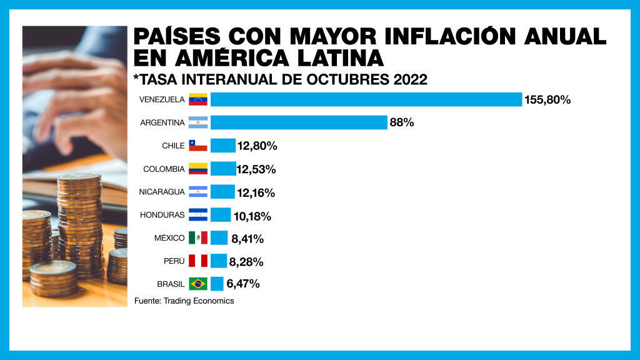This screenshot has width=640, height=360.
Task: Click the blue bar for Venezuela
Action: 366,99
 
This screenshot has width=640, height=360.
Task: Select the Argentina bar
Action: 299,122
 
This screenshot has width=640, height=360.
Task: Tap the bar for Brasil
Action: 217,284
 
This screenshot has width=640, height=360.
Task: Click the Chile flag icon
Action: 198,146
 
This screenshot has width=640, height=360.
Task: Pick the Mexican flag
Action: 198,237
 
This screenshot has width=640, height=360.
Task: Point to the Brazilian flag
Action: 198,284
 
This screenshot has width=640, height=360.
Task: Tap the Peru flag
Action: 198,261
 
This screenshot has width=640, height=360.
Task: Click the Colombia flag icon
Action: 198,169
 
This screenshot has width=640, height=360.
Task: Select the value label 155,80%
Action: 548,99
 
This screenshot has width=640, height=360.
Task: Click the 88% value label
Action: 402,122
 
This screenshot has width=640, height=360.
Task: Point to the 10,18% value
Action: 252,216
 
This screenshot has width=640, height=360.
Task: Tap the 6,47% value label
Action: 243,284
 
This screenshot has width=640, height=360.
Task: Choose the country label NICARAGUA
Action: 162,192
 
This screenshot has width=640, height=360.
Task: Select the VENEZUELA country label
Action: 162,99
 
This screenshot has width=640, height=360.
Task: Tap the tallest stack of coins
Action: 79,225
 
